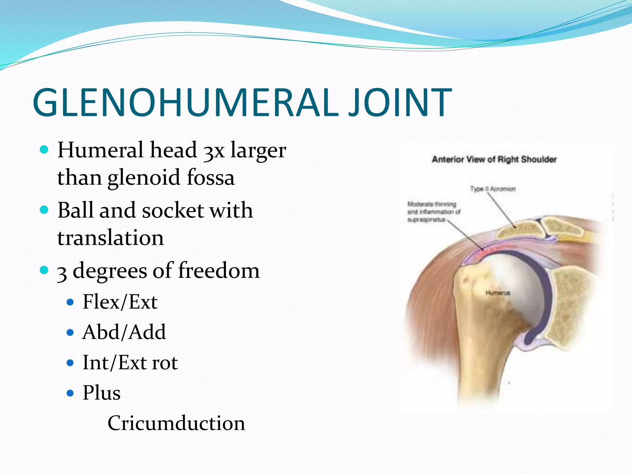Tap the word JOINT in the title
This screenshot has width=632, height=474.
pyautogui.click(x=400, y=102)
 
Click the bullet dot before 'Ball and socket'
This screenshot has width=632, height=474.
pyautogui.click(x=44, y=210)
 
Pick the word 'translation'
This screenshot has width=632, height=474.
pyautogui.click(x=110, y=238)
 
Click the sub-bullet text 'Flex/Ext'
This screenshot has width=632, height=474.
pyautogui.click(x=120, y=302)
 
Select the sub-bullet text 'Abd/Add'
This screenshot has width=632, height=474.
pyautogui.click(x=124, y=332)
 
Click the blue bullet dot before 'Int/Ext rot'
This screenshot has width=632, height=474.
pyautogui.click(x=70, y=363)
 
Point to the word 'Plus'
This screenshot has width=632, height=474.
pyautogui.click(x=102, y=393)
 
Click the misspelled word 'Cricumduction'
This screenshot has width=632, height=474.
pyautogui.click(x=176, y=423)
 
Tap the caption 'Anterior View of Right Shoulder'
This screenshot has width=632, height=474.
pyautogui.click(x=494, y=160)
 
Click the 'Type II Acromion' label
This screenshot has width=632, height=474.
pyautogui.click(x=493, y=189)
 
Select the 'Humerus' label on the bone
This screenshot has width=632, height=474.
pyautogui.click(x=498, y=293)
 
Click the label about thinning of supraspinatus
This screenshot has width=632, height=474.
pyautogui.click(x=433, y=212)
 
